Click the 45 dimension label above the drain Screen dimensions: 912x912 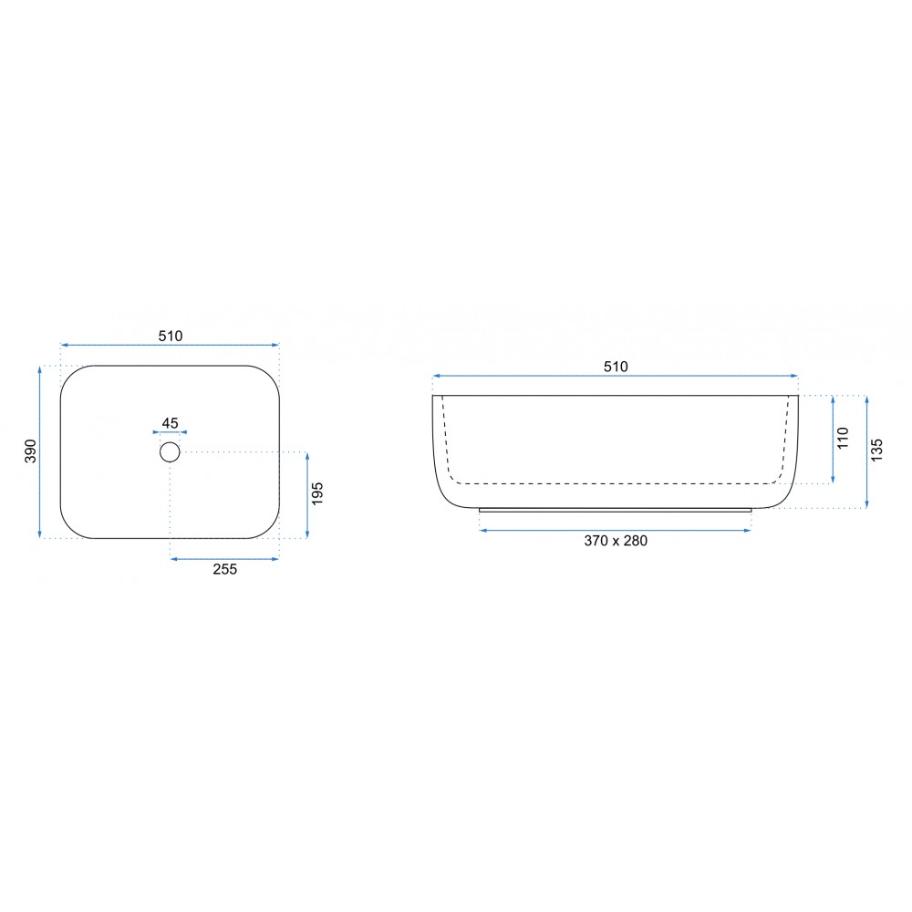point(170,423)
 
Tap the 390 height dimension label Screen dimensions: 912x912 point(30,451)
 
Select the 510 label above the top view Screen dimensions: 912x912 point(171,337)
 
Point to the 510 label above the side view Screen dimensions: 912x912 point(616,367)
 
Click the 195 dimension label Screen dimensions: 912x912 point(317,493)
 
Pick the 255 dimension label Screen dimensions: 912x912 point(225,569)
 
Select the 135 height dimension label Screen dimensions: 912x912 point(877,451)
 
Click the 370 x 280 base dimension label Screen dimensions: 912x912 point(616,541)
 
